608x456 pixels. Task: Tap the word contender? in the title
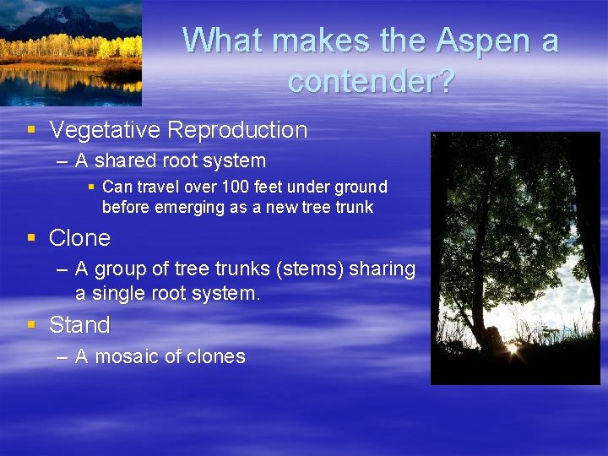tap(371, 81)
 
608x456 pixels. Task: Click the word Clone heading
tap(79, 238)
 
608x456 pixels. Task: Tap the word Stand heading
tap(79, 325)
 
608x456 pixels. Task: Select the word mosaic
tap(128, 357)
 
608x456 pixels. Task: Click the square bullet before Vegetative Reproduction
tap(31, 130)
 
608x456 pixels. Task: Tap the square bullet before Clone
tap(31, 238)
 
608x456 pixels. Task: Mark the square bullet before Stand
tap(31, 325)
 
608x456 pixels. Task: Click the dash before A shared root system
tap(62, 160)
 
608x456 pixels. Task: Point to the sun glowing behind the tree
tap(511, 345)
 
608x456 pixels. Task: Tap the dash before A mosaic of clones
tap(62, 357)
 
